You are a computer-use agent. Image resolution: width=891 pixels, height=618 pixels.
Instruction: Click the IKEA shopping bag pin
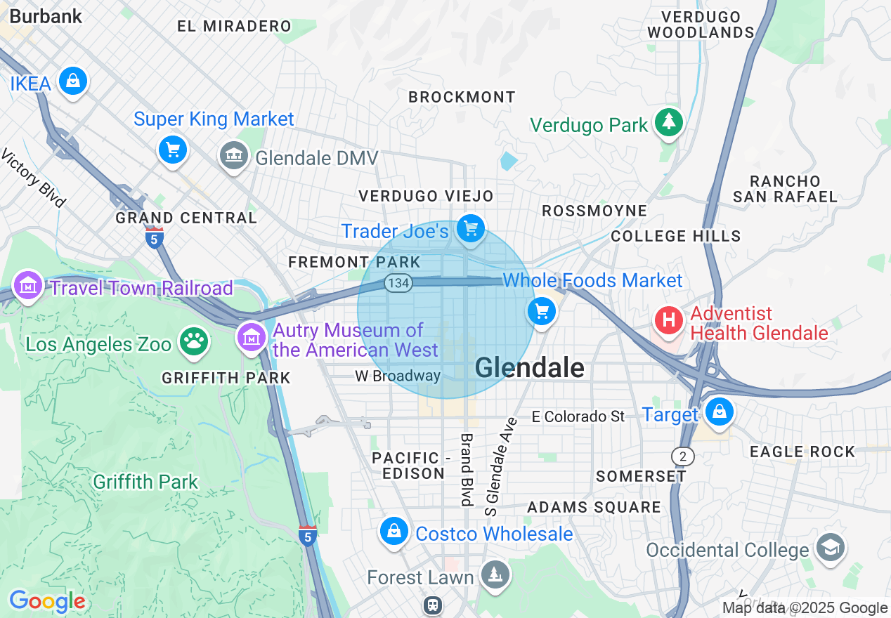73,81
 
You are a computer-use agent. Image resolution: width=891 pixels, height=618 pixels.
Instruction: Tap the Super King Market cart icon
173,149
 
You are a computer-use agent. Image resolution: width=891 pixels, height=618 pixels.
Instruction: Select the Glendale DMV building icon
233,155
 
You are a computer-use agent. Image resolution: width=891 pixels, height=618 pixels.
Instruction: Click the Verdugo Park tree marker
668,123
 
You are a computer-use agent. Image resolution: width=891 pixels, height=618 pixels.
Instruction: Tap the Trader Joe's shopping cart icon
470,228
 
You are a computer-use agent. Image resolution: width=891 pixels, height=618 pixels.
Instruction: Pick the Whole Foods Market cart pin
541,311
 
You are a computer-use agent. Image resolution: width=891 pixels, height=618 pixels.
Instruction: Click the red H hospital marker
669,320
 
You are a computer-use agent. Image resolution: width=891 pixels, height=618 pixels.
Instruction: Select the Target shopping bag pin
720,412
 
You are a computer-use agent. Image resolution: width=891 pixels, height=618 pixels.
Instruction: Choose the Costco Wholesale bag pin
395,531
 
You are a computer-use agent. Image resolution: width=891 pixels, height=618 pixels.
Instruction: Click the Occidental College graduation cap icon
831,547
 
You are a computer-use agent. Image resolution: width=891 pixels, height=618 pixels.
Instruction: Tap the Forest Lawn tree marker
496,575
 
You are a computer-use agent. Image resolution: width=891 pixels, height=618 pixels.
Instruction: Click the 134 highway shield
398,282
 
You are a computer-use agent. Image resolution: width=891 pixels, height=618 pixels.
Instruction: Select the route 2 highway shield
682,456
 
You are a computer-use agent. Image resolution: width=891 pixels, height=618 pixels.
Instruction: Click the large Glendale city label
530,367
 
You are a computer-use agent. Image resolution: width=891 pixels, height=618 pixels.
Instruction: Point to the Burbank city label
46,16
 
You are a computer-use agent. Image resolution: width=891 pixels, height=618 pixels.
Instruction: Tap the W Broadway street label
397,376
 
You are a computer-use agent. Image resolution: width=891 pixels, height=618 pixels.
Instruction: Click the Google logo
46,601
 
